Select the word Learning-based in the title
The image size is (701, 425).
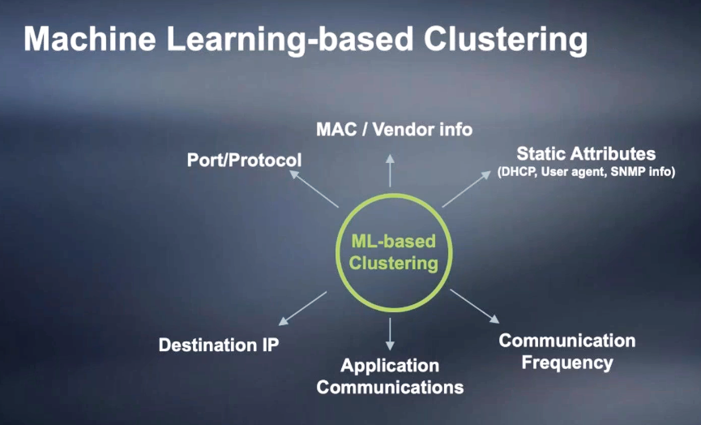(289, 41)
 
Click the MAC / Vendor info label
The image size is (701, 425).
(395, 129)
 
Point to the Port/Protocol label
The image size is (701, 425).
(244, 160)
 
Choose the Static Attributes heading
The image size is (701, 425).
(586, 153)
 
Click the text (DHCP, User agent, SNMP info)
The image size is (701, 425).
(586, 171)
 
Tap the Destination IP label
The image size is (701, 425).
(219, 345)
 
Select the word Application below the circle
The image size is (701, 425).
(390, 367)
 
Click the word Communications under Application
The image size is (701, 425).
(390, 387)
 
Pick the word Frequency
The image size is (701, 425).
(567, 363)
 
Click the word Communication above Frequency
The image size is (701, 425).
(567, 341)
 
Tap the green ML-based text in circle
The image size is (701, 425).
(393, 241)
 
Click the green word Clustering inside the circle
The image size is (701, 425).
(393, 263)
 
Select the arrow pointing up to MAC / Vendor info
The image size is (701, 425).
(390, 171)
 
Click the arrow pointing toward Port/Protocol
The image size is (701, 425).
(314, 189)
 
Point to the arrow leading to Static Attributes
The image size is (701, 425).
(466, 189)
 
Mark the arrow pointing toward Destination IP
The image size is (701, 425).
(302, 308)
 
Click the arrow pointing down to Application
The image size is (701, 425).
(390, 334)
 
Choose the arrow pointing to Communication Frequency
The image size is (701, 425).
(475, 306)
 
